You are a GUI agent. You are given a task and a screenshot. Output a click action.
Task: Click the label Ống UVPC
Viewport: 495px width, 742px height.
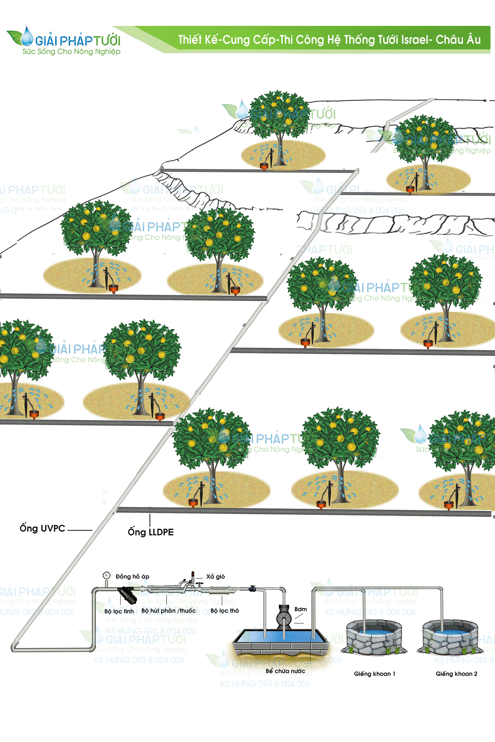click(x=42, y=528)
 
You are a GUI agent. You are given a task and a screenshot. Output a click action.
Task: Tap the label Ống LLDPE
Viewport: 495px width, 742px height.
click(x=151, y=532)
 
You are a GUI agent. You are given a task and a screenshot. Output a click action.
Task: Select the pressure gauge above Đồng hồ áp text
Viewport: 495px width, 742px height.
click(x=107, y=575)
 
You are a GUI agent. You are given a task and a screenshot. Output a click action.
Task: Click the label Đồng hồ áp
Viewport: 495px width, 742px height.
click(x=132, y=577)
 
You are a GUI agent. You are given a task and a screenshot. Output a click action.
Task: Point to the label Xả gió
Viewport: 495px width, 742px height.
click(x=216, y=577)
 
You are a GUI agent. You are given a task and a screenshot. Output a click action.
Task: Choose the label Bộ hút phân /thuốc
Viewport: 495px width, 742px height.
click(x=169, y=611)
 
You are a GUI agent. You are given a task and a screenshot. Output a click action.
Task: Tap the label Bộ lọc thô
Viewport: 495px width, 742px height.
click(x=224, y=611)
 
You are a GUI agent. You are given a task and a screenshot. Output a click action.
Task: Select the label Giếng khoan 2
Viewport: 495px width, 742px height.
click(x=456, y=674)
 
